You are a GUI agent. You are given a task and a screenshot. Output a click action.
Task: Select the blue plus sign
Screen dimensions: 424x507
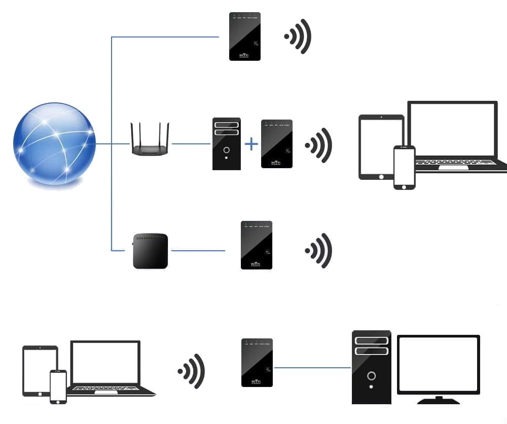coord(251,144)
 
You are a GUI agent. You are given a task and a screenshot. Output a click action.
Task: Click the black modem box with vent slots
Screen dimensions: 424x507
coord(150,251)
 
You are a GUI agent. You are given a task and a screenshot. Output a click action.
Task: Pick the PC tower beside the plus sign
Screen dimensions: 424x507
coord(226,144)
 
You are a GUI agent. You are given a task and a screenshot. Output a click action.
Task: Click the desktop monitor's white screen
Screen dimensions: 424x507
coord(438,364)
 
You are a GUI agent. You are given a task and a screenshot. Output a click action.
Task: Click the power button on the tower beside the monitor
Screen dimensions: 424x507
coord(372,376)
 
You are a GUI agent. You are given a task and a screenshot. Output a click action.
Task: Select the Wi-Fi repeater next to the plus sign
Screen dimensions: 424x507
coord(276,144)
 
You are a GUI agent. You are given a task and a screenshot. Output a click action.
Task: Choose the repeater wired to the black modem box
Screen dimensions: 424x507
coord(257,245)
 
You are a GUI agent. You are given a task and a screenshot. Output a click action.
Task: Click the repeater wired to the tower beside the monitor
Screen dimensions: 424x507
coord(257,363)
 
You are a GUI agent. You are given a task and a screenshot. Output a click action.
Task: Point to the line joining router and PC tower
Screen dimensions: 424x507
coord(191,144)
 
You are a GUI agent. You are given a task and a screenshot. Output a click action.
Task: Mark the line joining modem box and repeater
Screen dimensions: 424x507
coord(198,251)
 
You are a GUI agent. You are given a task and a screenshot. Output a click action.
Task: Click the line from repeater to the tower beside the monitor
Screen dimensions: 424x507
coord(312,368)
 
